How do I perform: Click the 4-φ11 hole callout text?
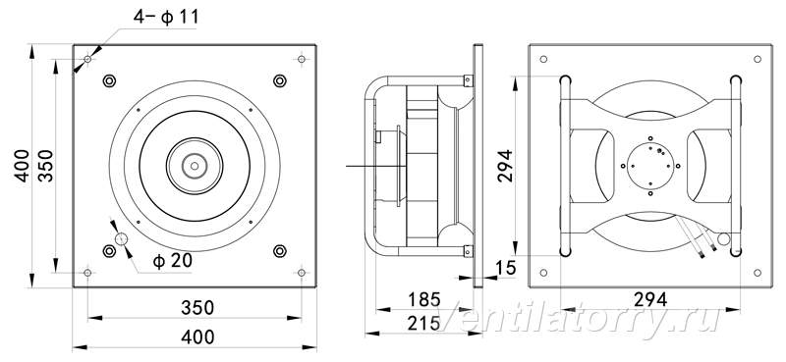pos(166,17)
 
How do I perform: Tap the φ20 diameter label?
pos(172,261)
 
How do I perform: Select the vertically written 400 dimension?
pos(22,166)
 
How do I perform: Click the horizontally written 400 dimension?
pos(197,336)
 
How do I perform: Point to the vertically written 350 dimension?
pos(45,166)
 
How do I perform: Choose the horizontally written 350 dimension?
pos(197,307)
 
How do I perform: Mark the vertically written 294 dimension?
pos(505,166)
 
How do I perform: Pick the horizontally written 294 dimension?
pos(650,299)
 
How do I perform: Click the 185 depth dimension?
pos(423,299)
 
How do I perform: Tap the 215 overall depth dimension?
pos(423,324)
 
